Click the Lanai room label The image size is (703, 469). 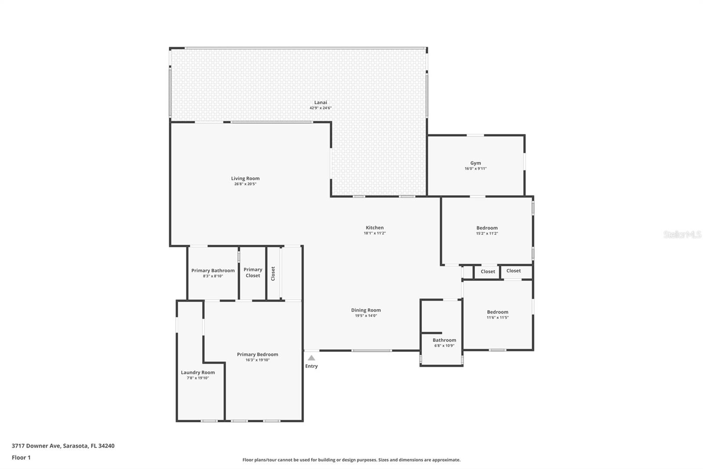pyautogui.click(x=320, y=103)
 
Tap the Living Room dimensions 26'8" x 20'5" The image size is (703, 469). pyautogui.click(x=245, y=184)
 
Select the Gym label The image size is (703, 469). pyautogui.click(x=475, y=163)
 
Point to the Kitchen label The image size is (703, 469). pyautogui.click(x=374, y=228)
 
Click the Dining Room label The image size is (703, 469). pyautogui.click(x=366, y=310)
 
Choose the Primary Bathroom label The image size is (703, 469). pyautogui.click(x=213, y=271)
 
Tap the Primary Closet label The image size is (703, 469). pyautogui.click(x=253, y=272)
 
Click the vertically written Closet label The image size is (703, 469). pyautogui.click(x=273, y=273)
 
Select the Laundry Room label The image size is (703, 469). pyautogui.click(x=198, y=372)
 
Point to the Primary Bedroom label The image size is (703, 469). pyautogui.click(x=257, y=354)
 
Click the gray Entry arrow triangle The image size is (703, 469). pyautogui.click(x=311, y=358)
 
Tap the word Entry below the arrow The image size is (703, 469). pyautogui.click(x=311, y=366)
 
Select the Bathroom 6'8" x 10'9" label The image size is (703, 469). pyautogui.click(x=444, y=340)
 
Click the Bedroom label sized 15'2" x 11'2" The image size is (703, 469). pyautogui.click(x=487, y=228)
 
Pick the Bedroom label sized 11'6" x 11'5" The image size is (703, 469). pyautogui.click(x=497, y=312)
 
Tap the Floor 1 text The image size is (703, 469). pyautogui.click(x=21, y=458)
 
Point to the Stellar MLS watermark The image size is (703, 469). pyautogui.click(x=682, y=234)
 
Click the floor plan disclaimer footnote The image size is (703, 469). pyautogui.click(x=351, y=460)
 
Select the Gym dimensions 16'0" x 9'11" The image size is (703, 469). pyautogui.click(x=475, y=169)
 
